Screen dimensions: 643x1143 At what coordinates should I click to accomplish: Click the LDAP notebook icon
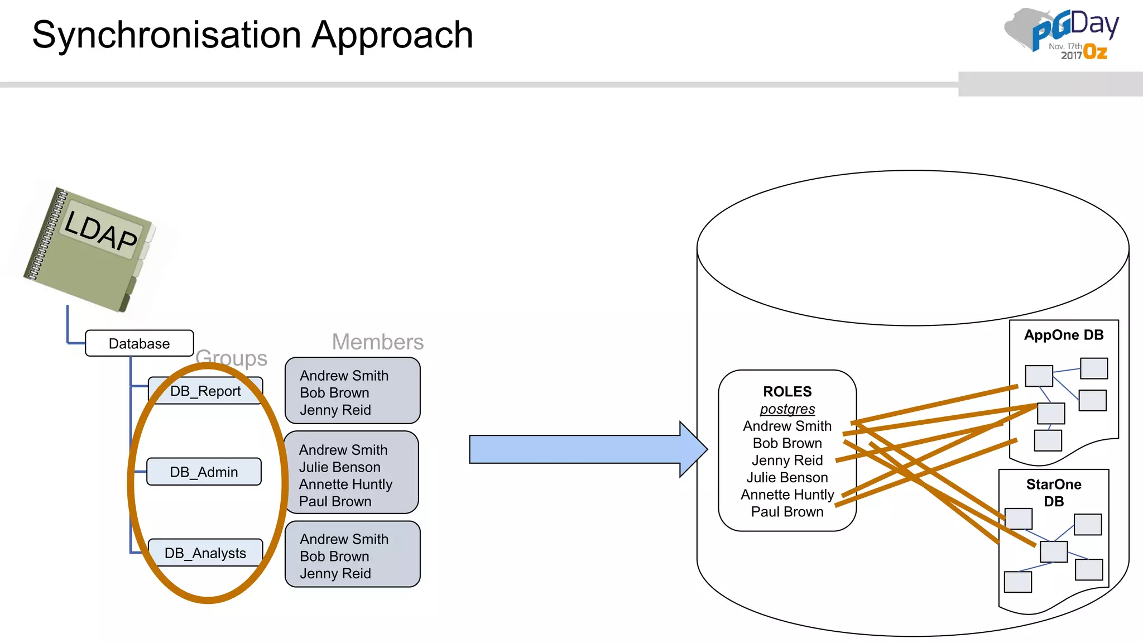tap(89, 248)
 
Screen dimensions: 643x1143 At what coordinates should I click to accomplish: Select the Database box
tap(139, 343)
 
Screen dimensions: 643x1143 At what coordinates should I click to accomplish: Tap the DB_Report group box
tap(205, 391)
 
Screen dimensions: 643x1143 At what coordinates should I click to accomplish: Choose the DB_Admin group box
tap(204, 472)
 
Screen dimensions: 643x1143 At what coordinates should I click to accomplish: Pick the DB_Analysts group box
tap(205, 553)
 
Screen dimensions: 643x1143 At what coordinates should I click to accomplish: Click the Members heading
tap(378, 342)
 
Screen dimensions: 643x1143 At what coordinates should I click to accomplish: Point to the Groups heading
tap(232, 358)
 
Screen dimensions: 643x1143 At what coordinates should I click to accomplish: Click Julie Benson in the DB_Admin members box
tap(339, 467)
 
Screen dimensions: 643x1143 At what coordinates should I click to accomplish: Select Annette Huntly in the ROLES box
tap(787, 495)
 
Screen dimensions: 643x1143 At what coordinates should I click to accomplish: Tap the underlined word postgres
tap(787, 409)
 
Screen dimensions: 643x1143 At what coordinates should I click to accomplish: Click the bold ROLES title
tap(787, 391)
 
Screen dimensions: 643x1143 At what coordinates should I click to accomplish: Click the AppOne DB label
tap(1064, 335)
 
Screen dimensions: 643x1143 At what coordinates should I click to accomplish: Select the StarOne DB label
tap(1054, 492)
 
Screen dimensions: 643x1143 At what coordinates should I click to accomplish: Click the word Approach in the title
tap(392, 35)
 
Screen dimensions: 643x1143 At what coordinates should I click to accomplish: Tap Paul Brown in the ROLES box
tap(787, 512)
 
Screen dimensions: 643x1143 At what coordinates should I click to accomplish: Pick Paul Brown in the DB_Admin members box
tap(335, 501)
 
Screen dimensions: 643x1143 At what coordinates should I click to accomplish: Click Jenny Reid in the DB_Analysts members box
tap(335, 573)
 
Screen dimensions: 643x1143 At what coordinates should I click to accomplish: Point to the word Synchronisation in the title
tap(167, 35)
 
